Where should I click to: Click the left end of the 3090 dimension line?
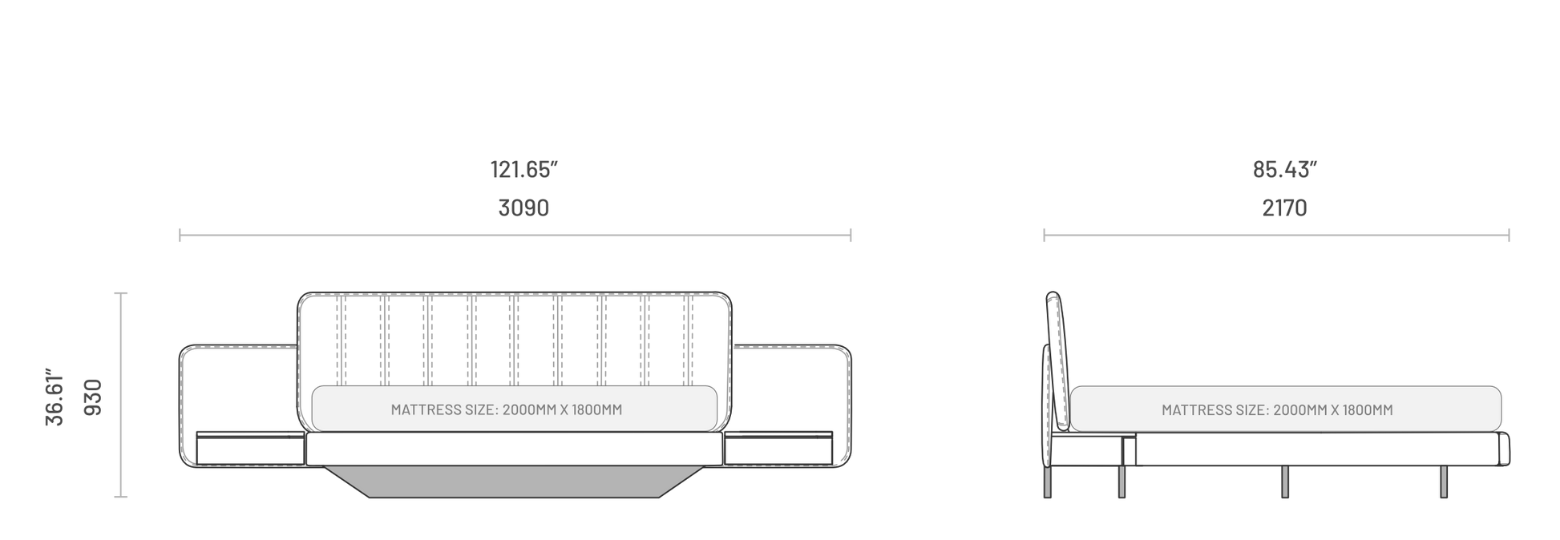tap(180, 236)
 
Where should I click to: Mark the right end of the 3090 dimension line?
tap(851, 236)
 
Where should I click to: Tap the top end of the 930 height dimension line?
tap(121, 294)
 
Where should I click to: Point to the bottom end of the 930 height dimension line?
tap(121, 497)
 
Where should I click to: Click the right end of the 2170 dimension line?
tap(1509, 236)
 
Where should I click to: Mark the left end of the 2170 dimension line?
tap(1044, 236)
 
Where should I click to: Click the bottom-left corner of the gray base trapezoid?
tap(370, 498)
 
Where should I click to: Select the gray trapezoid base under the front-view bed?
tap(514, 482)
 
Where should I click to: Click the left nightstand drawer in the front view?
tap(250, 449)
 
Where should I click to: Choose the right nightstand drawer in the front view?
tap(778, 449)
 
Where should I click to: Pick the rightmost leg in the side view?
tap(1444, 482)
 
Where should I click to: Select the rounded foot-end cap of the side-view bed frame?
tap(1504, 449)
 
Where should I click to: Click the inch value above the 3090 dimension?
tap(523, 170)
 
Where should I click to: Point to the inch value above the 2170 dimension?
tap(1284, 170)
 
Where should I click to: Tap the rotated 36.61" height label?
tap(55, 398)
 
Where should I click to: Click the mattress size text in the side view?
tap(1277, 410)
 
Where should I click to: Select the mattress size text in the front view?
tap(507, 410)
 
